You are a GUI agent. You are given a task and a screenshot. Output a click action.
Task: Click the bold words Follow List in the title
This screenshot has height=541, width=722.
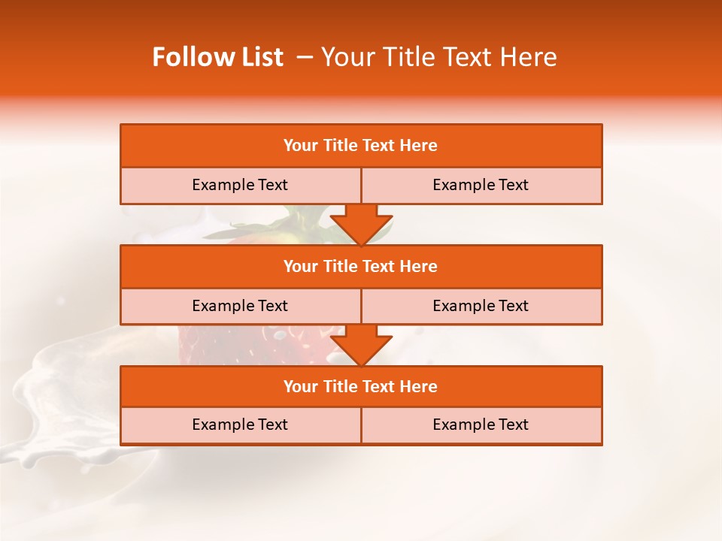(x=217, y=57)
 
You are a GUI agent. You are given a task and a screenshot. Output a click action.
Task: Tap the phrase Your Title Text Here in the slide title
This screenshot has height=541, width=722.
(x=438, y=57)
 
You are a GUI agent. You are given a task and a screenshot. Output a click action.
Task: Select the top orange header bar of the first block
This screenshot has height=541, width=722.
(x=361, y=146)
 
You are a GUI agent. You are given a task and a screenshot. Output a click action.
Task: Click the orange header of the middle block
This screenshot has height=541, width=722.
(x=361, y=266)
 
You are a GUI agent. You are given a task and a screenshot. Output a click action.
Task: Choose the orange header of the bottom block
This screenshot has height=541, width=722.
(x=361, y=386)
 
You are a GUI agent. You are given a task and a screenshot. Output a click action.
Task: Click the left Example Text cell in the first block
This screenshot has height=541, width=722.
(x=240, y=185)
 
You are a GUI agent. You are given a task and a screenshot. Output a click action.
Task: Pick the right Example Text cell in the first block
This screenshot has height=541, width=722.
(x=481, y=185)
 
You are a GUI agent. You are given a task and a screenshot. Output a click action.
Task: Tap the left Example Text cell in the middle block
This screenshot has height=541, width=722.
(x=240, y=306)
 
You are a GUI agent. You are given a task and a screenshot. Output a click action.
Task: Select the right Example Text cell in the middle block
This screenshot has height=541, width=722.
(x=481, y=306)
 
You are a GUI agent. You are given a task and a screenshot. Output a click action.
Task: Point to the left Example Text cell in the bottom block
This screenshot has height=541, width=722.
(x=240, y=425)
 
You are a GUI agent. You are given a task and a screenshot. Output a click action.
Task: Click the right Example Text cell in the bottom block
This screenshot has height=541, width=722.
(x=481, y=425)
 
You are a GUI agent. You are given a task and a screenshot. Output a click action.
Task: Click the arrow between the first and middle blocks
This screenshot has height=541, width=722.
(x=361, y=225)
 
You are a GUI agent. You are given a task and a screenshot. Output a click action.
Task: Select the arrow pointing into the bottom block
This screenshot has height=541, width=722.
(x=361, y=345)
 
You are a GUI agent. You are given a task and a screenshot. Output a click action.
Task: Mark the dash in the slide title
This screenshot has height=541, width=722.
(x=305, y=57)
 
